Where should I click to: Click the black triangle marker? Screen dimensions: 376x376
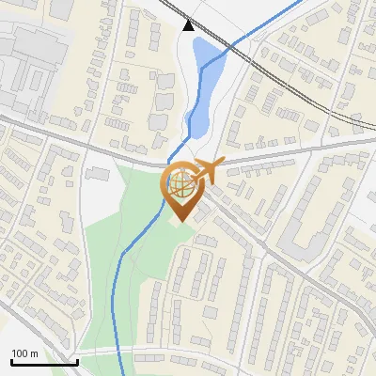click(x=189, y=25)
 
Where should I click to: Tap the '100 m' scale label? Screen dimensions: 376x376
click(x=23, y=353)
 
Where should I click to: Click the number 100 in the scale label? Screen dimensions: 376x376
click(x=20, y=353)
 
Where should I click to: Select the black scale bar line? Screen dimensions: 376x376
click(x=43, y=362)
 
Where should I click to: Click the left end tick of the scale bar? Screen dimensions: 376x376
click(x=10, y=360)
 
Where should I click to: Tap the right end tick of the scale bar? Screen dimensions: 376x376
click(x=76, y=360)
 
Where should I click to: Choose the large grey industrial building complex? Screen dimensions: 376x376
click(x=28, y=56)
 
